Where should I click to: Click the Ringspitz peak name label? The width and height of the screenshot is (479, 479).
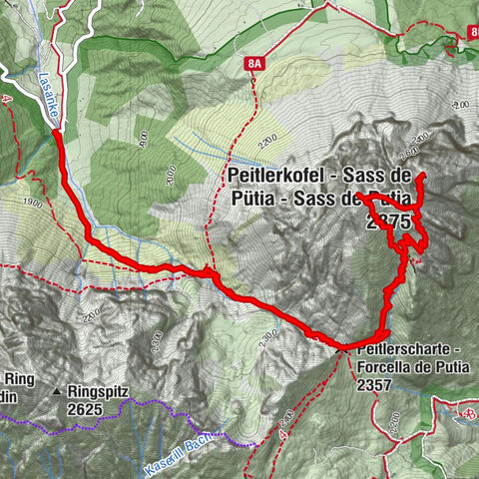[x=100, y=392]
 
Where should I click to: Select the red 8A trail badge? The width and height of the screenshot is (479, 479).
[x=255, y=63]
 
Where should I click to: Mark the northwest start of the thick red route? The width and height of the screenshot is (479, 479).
[x=55, y=133]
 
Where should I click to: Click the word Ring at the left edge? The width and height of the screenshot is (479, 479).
[x=18, y=379]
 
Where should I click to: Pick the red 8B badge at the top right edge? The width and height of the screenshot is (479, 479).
[x=470, y=34]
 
